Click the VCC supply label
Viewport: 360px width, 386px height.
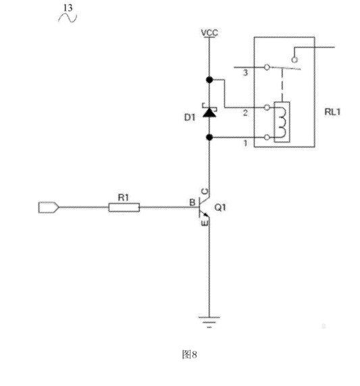209,33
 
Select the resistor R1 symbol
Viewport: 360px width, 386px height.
124,207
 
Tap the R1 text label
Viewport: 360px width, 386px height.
123,197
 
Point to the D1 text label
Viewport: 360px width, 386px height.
190,117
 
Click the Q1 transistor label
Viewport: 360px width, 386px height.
220,207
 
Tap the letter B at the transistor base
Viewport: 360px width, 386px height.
192,202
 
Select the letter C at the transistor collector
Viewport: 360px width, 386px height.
205,191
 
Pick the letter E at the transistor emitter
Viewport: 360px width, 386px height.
205,223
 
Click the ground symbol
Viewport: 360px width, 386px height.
209,323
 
